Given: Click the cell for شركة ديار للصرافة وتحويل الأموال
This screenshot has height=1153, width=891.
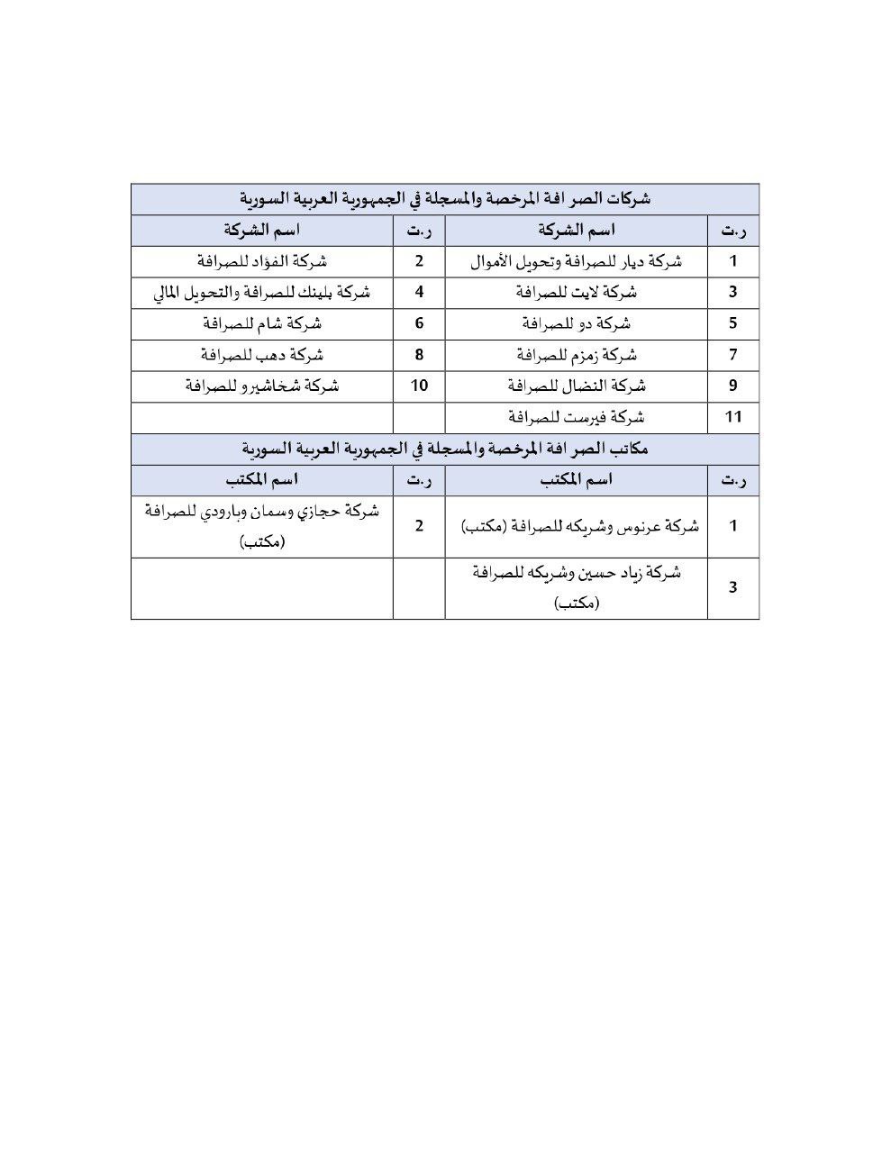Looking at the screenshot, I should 577,261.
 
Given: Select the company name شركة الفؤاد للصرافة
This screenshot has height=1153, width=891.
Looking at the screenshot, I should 262,261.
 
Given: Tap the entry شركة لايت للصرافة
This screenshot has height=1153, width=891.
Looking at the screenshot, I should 577,292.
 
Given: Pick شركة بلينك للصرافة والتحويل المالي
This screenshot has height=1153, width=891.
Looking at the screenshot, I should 262,292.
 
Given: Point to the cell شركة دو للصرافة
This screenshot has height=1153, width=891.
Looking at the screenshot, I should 577,323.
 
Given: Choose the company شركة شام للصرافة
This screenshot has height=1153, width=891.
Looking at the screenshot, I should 262,323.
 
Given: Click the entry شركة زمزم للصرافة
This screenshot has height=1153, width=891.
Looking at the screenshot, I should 577,355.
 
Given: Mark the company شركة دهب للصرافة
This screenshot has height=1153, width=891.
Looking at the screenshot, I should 262,355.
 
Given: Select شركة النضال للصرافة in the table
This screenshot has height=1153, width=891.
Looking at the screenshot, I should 577,386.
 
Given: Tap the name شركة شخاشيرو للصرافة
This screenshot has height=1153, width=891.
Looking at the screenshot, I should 262,386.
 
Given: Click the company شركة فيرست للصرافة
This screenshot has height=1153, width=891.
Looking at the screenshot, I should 577,417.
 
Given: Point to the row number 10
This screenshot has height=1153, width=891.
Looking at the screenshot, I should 419,386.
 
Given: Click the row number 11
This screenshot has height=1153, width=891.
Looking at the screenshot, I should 733,417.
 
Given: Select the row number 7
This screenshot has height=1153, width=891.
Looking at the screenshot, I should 733,355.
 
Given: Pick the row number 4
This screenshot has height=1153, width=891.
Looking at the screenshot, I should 419,292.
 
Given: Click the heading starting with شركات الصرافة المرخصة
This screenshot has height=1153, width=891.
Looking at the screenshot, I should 445,199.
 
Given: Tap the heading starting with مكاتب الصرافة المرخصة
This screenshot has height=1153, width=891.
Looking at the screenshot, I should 445,449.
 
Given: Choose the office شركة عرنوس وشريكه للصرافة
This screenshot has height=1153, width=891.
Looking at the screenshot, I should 577,527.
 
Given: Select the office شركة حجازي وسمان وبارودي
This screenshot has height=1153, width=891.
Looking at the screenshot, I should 262,526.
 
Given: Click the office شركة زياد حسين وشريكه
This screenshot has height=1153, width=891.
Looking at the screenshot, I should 577,588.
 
